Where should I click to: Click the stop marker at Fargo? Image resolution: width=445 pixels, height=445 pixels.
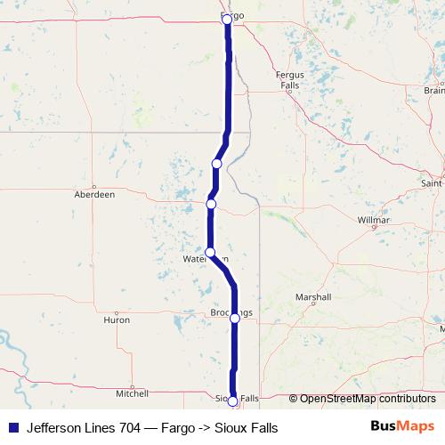(226, 19)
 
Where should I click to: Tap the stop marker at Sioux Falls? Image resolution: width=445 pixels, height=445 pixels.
(233, 401)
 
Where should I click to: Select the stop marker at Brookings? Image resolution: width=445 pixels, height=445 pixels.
(235, 318)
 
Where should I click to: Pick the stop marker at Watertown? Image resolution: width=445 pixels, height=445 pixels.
(210, 252)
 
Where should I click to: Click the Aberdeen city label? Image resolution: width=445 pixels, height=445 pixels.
(94, 193)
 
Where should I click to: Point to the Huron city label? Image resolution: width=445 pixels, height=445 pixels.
(117, 320)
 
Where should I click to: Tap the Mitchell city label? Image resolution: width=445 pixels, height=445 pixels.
(132, 392)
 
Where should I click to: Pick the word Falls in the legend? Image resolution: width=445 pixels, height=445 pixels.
(261, 428)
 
